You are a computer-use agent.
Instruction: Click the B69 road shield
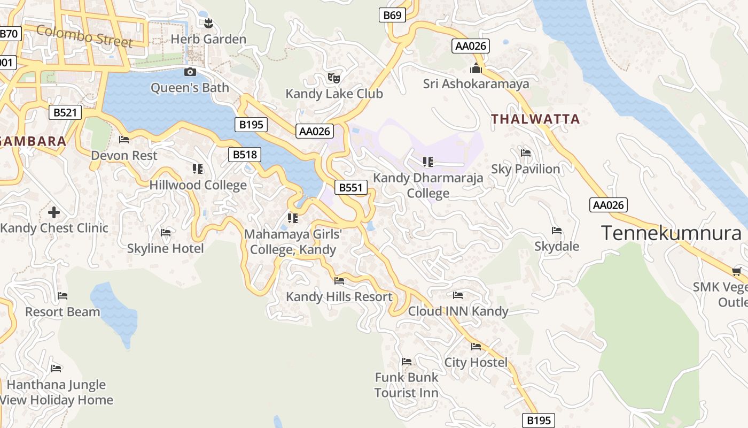click(392, 15)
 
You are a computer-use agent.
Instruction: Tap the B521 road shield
click(65, 112)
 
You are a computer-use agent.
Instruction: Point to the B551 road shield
click(351, 187)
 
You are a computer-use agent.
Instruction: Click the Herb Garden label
click(208, 39)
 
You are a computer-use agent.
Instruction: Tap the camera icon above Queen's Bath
click(190, 72)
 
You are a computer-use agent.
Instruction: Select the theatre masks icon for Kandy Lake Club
click(334, 78)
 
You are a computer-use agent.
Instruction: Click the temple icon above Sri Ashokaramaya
click(476, 68)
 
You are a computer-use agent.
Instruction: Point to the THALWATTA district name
click(535, 119)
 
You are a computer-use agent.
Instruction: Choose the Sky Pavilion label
click(526, 169)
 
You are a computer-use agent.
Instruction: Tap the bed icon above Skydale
click(557, 231)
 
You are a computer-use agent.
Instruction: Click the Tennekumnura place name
click(671, 233)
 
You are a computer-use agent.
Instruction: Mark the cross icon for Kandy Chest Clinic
click(54, 212)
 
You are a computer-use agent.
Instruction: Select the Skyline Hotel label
click(166, 248)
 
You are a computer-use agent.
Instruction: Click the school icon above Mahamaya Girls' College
click(292, 218)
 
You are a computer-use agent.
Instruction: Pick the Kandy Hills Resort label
click(339, 296)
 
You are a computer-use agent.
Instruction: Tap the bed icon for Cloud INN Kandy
click(458, 295)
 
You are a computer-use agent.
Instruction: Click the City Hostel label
click(476, 362)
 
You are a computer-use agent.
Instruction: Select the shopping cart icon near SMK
click(737, 271)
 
